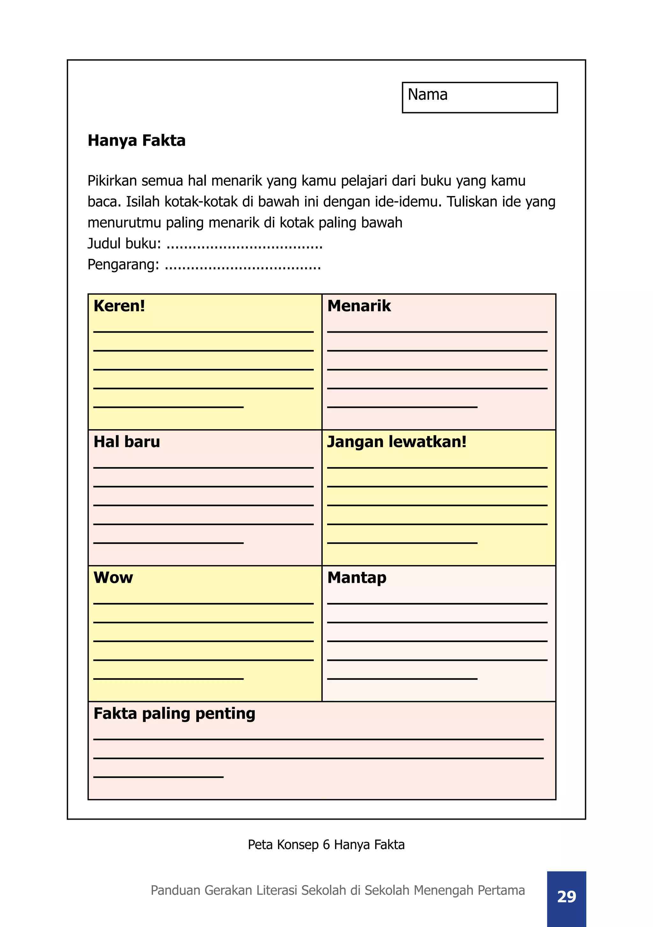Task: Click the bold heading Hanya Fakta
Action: tap(136, 141)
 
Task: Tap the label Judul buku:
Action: tap(124, 243)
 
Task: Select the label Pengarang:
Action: tap(123, 264)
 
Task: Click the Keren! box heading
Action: tap(119, 306)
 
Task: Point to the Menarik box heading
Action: tap(359, 306)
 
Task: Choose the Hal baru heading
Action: tap(127, 442)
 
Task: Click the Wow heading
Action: tap(113, 578)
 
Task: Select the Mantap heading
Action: tap(356, 578)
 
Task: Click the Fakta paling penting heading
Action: tap(174, 713)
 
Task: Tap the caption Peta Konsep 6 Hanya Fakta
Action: tap(326, 844)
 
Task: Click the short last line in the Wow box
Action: tap(168, 679)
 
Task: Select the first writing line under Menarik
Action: tap(437, 331)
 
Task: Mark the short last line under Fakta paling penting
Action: tap(158, 777)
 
